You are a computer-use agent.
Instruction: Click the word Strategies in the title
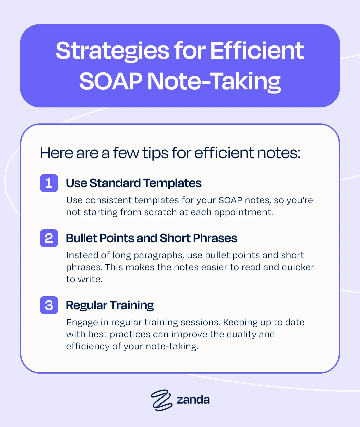pos(113,51)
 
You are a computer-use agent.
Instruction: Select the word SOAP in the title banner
pos(111,81)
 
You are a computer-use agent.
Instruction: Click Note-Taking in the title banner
pos(214,82)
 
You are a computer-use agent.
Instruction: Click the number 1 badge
pos(49,183)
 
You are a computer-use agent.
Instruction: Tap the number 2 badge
pos(49,238)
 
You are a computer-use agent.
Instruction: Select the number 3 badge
pos(49,305)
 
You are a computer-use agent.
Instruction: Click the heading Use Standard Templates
pos(134,183)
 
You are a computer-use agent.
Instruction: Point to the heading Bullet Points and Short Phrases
pos(151,238)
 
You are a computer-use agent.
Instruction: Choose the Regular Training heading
pos(110,305)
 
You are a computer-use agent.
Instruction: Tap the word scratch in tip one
pos(160,212)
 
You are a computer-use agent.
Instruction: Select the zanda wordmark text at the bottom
pos(193,400)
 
